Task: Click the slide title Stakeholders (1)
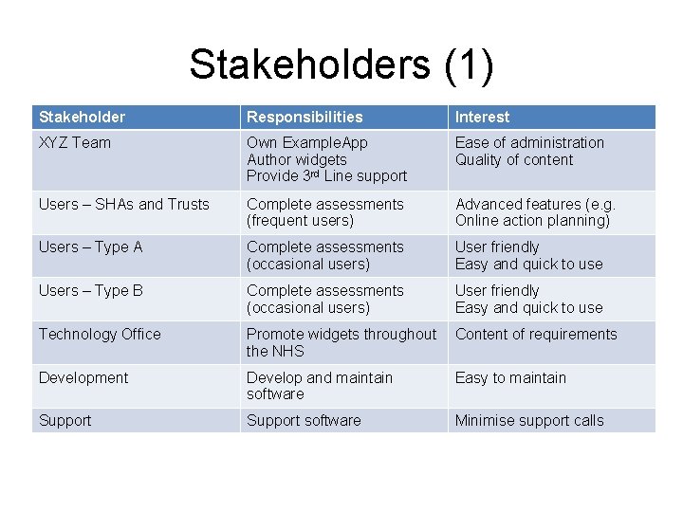tap(341, 64)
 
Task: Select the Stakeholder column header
tap(82, 118)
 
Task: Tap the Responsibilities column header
tap(305, 118)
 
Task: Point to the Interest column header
tap(482, 118)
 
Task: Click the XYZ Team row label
tap(74, 143)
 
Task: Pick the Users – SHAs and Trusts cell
tap(123, 205)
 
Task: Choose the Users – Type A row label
tap(90, 247)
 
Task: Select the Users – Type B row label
tap(90, 291)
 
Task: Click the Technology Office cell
tap(100, 335)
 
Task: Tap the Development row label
tap(83, 378)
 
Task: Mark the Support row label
tap(65, 421)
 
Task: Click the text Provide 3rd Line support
tap(326, 176)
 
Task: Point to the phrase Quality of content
tap(514, 160)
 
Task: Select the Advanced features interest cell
tap(535, 212)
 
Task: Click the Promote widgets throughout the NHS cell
tap(341, 342)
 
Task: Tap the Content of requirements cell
tap(536, 335)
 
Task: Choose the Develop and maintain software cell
tap(319, 386)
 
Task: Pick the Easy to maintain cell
tap(510, 378)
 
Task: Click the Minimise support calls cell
tap(529, 421)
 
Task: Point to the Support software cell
tap(304, 421)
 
